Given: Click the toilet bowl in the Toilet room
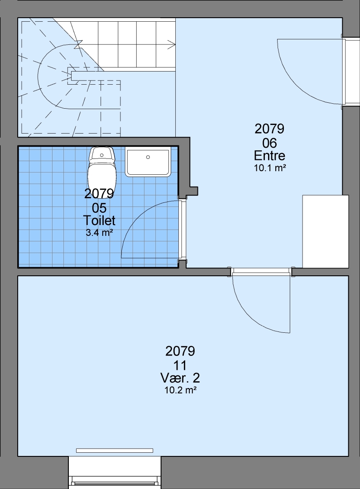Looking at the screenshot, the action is click(x=102, y=178).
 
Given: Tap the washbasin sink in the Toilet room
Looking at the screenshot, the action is click(x=148, y=162).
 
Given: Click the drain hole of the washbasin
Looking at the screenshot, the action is click(x=148, y=157).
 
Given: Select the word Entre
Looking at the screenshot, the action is click(x=269, y=155).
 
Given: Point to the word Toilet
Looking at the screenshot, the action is click(x=99, y=220).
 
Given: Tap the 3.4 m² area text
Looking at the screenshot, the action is click(x=99, y=232).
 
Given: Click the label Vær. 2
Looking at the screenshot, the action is click(x=180, y=378).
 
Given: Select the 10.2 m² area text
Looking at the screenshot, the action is click(x=181, y=390).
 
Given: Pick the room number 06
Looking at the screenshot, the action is click(x=269, y=143).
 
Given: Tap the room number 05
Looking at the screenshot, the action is click(x=99, y=208).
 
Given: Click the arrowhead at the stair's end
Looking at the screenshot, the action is click(x=172, y=44).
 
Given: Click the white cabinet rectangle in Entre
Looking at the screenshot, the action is click(x=326, y=231).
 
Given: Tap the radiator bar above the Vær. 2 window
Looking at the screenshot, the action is click(x=115, y=451).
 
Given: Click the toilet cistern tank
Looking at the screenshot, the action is click(x=102, y=155).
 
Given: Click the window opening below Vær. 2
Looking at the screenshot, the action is click(x=115, y=473).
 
